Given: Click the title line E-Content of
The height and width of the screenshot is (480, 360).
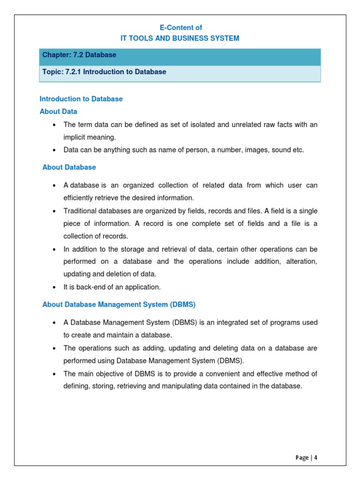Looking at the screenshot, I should (x=180, y=28).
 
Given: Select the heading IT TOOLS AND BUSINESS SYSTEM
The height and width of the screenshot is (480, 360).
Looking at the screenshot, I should (x=180, y=38).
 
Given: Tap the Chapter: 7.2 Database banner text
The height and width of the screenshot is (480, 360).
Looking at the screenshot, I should (x=79, y=55).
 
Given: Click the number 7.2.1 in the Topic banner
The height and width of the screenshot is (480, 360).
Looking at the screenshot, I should (x=73, y=72).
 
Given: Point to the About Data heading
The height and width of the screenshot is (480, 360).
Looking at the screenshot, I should (x=58, y=112).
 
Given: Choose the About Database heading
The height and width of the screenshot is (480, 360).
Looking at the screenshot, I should (x=69, y=167).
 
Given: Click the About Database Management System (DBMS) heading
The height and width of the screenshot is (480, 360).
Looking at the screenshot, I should (x=119, y=305).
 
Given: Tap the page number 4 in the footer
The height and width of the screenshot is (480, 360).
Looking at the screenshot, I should (x=316, y=457).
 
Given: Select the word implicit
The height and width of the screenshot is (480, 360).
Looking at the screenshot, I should (x=75, y=137).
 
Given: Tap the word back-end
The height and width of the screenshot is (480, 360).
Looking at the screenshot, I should (x=88, y=287).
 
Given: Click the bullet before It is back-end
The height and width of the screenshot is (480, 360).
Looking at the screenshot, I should (x=55, y=287).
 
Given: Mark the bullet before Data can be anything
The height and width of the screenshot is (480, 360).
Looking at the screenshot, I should (x=55, y=150).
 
